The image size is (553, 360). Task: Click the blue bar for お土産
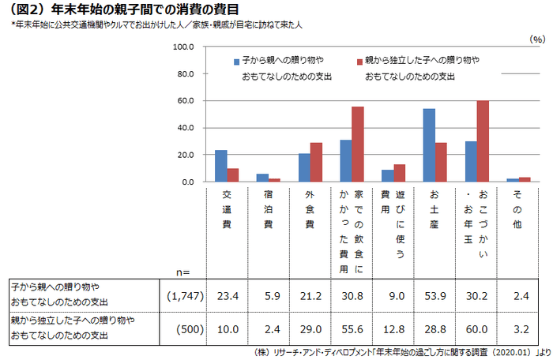pyautogui.click(x=429, y=145)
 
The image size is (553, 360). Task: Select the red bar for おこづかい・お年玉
pyautogui.click(x=483, y=141)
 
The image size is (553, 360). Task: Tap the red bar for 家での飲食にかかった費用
pyautogui.click(x=358, y=144)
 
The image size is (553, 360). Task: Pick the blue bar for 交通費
pyautogui.click(x=221, y=166)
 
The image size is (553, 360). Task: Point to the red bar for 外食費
pyautogui.click(x=316, y=163)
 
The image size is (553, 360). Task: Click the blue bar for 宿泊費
pyautogui.click(x=263, y=178)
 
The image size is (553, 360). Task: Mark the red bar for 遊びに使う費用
pyautogui.click(x=400, y=173)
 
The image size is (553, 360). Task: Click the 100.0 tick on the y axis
pyautogui.click(x=183, y=47)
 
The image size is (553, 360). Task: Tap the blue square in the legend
pyautogui.click(x=237, y=61)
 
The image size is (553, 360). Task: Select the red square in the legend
pyautogui.click(x=359, y=61)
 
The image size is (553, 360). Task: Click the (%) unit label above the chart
pyautogui.click(x=536, y=38)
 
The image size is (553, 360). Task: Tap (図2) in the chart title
pyautogui.click(x=24, y=9)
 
